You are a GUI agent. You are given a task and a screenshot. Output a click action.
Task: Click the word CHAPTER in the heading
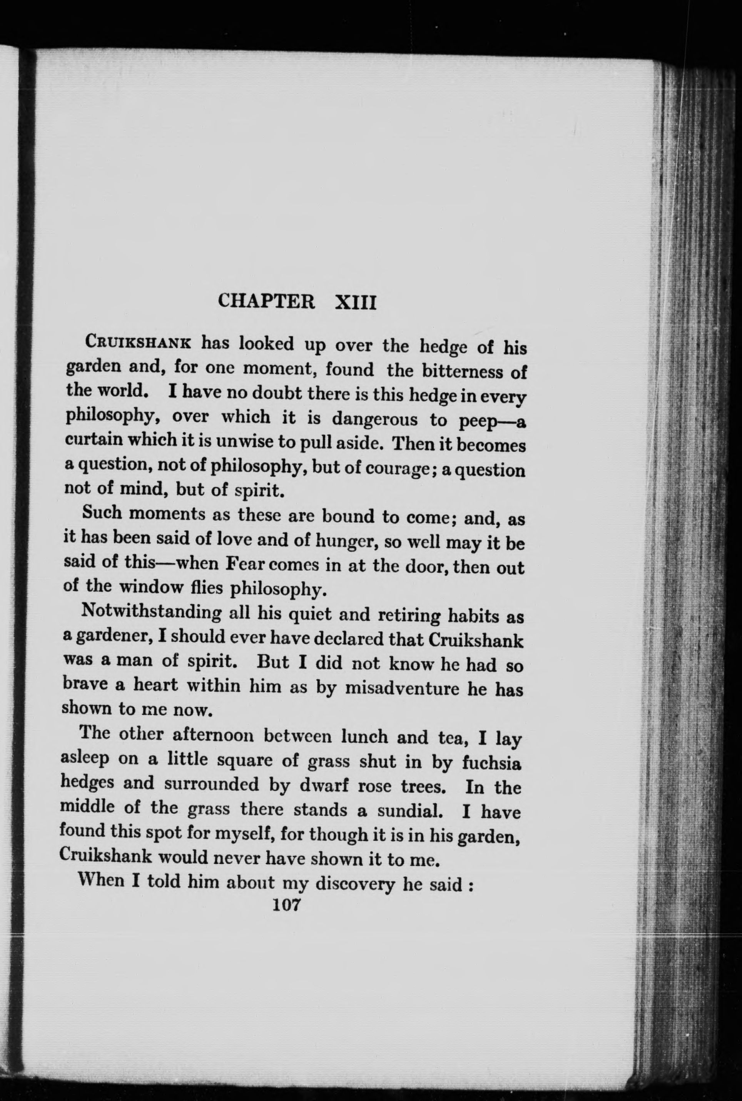[266, 301]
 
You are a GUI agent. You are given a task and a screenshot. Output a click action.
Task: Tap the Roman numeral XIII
[355, 302]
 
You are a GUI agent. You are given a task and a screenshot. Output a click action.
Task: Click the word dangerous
[375, 419]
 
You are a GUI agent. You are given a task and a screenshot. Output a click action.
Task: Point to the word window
[150, 587]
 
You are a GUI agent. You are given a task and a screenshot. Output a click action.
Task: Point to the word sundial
[409, 810]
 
